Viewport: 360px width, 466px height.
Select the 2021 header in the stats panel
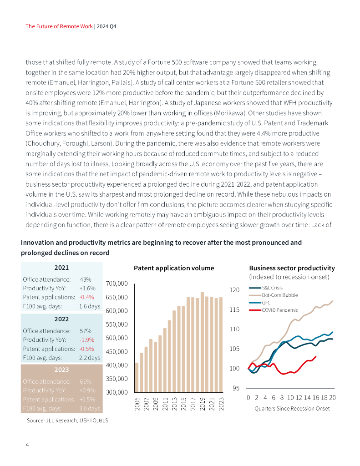click(61, 268)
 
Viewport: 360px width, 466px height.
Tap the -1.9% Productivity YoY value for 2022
click(86, 339)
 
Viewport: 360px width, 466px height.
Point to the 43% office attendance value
click(86, 279)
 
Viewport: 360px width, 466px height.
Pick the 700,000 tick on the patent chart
click(117, 284)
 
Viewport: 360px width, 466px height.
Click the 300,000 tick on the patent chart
click(117, 392)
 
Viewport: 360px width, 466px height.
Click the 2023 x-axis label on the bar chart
click(222, 403)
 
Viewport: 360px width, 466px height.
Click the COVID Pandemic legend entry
click(280, 310)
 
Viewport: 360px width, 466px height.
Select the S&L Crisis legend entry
click(272, 288)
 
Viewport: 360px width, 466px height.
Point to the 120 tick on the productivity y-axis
click(234, 289)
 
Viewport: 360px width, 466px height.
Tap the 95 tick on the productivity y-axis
click(236, 388)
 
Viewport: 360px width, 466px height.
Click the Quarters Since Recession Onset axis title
click(292, 408)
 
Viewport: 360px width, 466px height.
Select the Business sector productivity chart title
click(292, 268)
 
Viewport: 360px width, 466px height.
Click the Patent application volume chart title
click(174, 268)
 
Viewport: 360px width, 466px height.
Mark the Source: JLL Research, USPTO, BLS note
click(67, 421)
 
